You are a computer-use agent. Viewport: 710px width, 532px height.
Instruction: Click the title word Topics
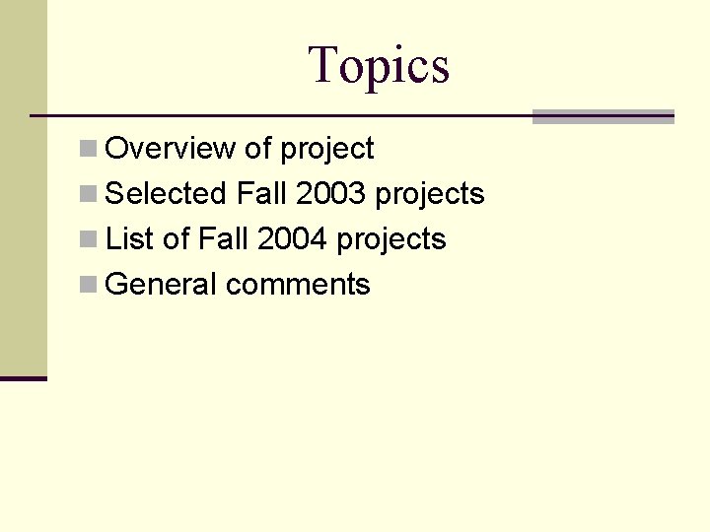click(x=379, y=65)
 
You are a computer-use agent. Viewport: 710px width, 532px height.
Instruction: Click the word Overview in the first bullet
click(x=170, y=149)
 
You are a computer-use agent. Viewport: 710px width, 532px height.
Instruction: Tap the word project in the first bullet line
click(x=326, y=150)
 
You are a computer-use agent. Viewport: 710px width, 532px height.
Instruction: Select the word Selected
click(x=166, y=194)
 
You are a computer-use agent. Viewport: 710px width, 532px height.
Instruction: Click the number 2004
click(x=292, y=239)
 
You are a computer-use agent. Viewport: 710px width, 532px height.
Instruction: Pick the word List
click(x=126, y=239)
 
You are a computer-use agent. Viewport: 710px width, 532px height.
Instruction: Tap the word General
click(x=161, y=285)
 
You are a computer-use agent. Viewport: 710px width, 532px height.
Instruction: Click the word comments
click(x=298, y=285)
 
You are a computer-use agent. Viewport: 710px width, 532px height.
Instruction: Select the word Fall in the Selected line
click(x=261, y=194)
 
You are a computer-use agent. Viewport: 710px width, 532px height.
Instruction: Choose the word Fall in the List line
click(x=223, y=239)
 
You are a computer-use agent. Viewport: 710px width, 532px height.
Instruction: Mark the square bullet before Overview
click(x=88, y=149)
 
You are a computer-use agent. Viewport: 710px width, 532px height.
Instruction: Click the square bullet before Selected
click(x=88, y=194)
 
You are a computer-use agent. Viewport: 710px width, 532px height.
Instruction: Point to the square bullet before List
click(x=88, y=239)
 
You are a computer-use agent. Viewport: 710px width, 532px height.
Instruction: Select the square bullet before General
click(x=88, y=285)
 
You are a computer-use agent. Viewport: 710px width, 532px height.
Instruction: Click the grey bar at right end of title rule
click(x=603, y=116)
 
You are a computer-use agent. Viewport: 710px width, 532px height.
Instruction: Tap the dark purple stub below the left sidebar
click(x=23, y=377)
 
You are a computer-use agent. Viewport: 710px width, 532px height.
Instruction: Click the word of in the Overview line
click(x=257, y=149)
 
